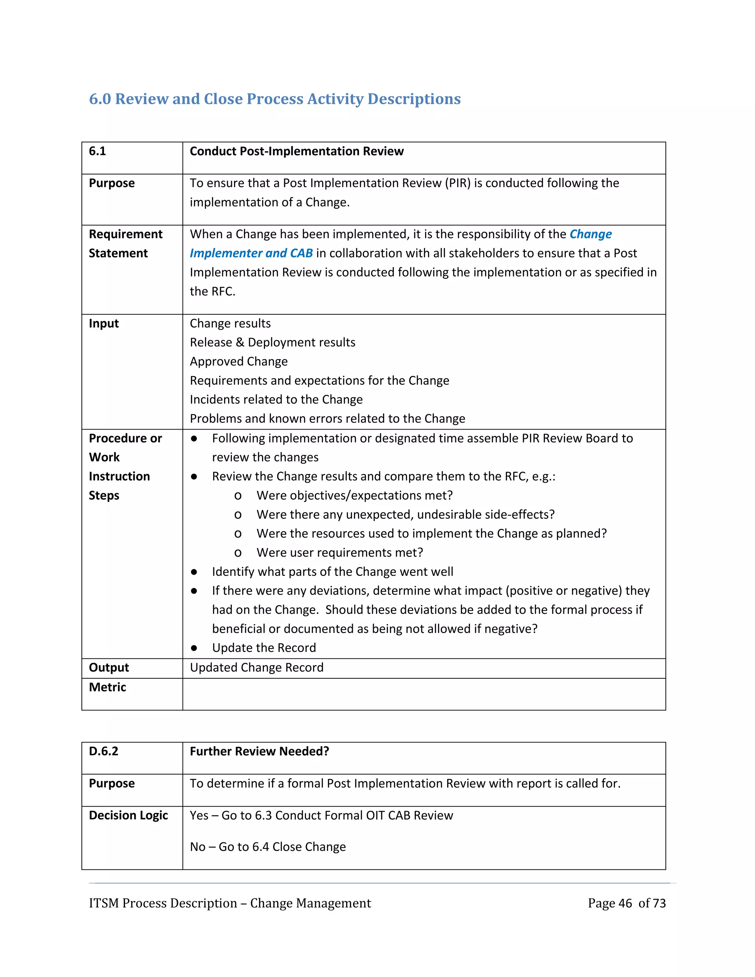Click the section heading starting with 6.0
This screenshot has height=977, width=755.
pyautogui.click(x=275, y=99)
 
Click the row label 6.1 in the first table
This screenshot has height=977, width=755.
pyautogui.click(x=97, y=151)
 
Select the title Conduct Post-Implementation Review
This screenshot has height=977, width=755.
pyautogui.click(x=296, y=151)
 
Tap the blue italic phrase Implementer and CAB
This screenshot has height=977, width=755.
pyautogui.click(x=251, y=253)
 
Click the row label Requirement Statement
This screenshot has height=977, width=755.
pyautogui.click(x=125, y=244)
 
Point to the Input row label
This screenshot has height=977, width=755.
pyautogui.click(x=104, y=323)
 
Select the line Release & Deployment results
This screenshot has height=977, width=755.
pyautogui.click(x=272, y=342)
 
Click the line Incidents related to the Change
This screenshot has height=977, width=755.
pyautogui.click(x=276, y=400)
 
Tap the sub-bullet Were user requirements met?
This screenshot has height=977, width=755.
pyautogui.click(x=340, y=553)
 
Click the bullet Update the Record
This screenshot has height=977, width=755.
pyautogui.click(x=264, y=648)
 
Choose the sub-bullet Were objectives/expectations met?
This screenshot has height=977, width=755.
pyautogui.click(x=354, y=495)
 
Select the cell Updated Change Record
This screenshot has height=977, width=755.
pyautogui.click(x=256, y=667)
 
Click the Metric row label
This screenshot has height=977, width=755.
pyautogui.click(x=107, y=687)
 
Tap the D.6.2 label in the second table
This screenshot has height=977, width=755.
pyautogui.click(x=103, y=751)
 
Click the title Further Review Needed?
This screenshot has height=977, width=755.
pyautogui.click(x=260, y=751)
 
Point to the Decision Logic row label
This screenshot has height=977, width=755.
pyautogui.click(x=128, y=815)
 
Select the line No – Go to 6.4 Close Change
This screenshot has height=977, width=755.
pyautogui.click(x=268, y=847)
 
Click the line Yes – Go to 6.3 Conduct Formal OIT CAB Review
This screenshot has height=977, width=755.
pyautogui.click(x=321, y=815)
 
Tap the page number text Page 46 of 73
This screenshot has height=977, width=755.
pyautogui.click(x=626, y=903)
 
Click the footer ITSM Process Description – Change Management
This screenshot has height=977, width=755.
pyautogui.click(x=230, y=903)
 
